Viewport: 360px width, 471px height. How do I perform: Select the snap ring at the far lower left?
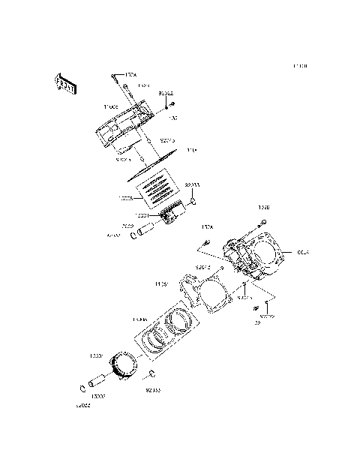pos(82,388)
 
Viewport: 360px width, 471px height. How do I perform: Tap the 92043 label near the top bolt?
pos(165,92)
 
